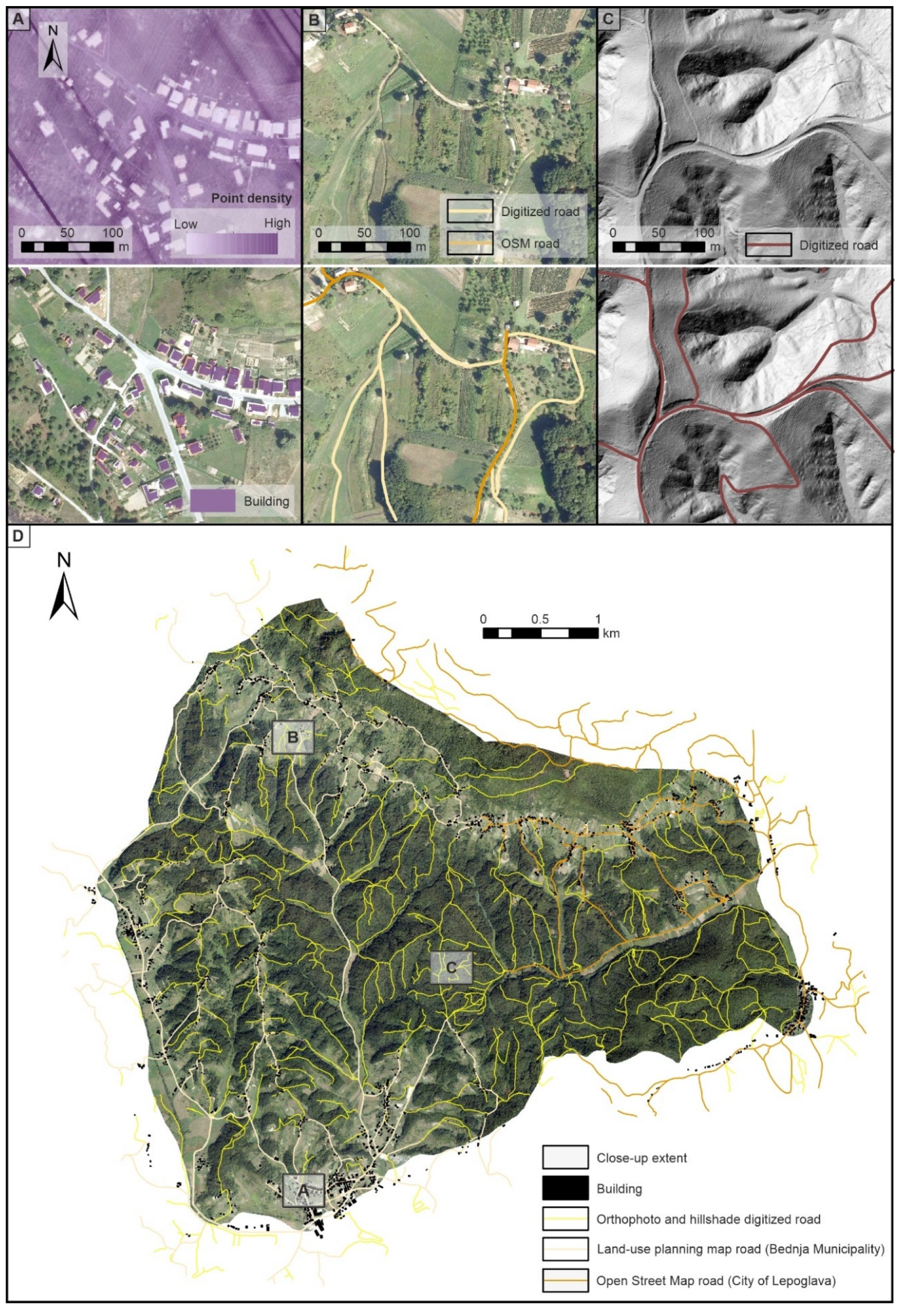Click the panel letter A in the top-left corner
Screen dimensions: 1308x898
coord(18,19)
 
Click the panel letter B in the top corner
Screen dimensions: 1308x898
coord(313,19)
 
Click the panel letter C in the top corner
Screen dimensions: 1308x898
coord(608,19)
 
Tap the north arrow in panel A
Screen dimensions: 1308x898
coord(53,50)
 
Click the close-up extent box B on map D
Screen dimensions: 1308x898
coord(293,737)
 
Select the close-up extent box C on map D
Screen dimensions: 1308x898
coord(451,968)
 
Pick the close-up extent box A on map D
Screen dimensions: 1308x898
coord(303,1190)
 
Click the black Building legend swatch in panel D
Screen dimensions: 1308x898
coord(565,1188)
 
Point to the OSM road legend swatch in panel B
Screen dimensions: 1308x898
coord(470,243)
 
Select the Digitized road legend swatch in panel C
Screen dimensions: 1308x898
coord(768,245)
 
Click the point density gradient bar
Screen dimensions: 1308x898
coord(232,244)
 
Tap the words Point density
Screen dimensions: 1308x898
coord(251,198)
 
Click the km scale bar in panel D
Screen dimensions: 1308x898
coord(540,633)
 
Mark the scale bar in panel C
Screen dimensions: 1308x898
coord(658,246)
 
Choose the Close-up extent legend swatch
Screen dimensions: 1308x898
coord(565,1158)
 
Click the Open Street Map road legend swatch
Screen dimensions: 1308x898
coord(565,1281)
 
